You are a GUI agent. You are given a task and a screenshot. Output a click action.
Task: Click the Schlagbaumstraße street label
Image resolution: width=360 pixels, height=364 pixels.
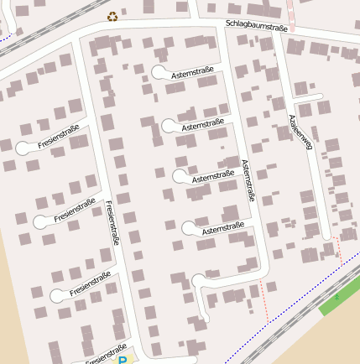click(x=257, y=26)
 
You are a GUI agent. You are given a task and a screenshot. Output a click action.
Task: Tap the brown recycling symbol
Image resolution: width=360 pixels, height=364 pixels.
click(x=112, y=16)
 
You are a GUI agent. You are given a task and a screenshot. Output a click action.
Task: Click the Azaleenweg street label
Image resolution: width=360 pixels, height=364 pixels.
click(x=300, y=133)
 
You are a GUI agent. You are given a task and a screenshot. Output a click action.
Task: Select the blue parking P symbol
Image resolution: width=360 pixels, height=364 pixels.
click(x=123, y=360)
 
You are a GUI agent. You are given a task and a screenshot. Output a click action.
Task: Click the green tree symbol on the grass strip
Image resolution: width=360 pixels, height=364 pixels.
click(x=337, y=297)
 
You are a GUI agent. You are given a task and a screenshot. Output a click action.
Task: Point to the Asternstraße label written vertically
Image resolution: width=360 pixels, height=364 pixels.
click(x=247, y=180)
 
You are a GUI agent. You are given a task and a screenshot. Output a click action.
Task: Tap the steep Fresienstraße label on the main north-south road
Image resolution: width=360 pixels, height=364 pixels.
click(x=112, y=222)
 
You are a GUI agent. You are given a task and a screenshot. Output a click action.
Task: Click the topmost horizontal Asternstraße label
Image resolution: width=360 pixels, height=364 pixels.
click(x=192, y=74)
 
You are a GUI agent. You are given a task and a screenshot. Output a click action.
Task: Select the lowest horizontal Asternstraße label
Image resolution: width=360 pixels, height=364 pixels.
click(x=223, y=226)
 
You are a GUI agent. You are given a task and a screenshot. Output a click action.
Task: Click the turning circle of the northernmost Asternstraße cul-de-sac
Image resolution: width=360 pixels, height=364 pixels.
click(x=159, y=73)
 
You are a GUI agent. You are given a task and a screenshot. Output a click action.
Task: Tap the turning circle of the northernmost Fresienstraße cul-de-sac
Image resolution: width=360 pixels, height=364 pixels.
click(x=23, y=148)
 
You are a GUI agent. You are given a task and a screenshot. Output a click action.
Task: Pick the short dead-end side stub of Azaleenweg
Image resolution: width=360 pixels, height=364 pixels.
click(x=308, y=98)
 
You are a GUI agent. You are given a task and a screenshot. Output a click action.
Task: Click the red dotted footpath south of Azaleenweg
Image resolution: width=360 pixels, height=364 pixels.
click(x=338, y=249)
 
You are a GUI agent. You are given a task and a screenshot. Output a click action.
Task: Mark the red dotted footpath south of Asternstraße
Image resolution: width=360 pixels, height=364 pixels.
click(x=264, y=298)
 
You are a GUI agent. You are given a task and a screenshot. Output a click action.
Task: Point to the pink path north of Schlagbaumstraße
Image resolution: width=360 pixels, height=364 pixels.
click(x=291, y=13)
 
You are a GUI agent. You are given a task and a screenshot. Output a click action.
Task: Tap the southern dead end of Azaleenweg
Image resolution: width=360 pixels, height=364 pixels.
click(x=326, y=237)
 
